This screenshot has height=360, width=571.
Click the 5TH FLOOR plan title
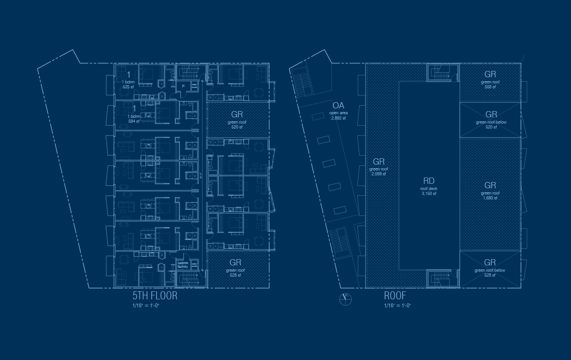click(155, 296)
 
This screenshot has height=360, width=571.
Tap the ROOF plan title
click(395, 296)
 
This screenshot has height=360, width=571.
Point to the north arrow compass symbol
click(346, 299)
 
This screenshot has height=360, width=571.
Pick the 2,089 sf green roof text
click(378, 174)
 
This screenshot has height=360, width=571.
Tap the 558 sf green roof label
click(490, 87)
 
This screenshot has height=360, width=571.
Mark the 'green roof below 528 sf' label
click(490, 270)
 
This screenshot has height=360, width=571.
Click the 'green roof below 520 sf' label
click(491, 122)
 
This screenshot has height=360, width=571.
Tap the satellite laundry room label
click(183, 265)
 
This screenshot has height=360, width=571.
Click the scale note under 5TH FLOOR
click(146, 306)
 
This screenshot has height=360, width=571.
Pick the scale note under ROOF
click(397, 306)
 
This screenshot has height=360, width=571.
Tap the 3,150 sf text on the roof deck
click(429, 194)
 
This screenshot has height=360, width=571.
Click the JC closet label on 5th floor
click(183, 86)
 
